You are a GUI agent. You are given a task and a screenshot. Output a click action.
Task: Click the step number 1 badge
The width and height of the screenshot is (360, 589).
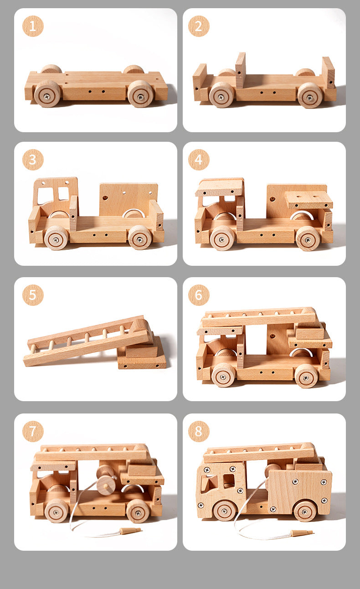tap(33, 26)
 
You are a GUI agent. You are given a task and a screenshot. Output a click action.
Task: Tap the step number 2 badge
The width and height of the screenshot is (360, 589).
tap(199, 26)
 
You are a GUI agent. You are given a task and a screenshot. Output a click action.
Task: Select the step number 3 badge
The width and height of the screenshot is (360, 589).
tap(33, 160)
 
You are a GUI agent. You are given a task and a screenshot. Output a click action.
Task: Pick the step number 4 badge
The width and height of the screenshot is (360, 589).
tap(199, 160)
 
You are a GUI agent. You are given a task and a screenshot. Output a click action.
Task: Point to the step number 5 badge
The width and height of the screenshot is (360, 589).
tap(33, 295)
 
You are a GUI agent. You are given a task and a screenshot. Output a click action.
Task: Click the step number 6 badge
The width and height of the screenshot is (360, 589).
tap(199, 295)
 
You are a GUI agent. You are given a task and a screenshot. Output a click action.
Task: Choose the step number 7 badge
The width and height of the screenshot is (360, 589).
tap(33, 431)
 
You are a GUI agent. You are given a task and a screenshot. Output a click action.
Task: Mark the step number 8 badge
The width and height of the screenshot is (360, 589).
tap(199, 431)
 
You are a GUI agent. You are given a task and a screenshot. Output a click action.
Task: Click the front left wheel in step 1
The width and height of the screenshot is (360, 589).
tap(47, 93)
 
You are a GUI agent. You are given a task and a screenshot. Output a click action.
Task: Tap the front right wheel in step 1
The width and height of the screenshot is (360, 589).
tap(140, 93)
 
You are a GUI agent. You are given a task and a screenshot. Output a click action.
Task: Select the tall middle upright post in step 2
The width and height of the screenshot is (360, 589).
tap(241, 69)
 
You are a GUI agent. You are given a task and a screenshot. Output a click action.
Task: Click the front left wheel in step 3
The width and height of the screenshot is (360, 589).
tap(56, 238)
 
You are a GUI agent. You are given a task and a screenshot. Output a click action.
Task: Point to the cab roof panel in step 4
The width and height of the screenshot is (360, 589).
tap(220, 187)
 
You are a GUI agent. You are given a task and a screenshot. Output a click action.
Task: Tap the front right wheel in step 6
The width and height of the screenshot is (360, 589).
tap(306, 375)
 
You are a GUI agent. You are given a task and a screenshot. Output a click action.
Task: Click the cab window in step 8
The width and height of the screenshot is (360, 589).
tap(229, 480)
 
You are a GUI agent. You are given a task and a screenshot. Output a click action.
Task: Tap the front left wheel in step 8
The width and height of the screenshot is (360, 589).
tap(225, 510)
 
